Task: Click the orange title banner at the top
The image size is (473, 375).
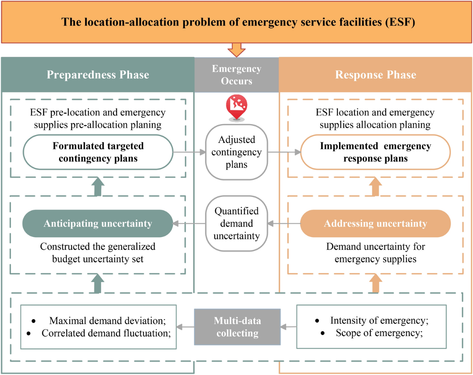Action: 236,21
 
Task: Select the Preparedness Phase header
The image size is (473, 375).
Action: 98,74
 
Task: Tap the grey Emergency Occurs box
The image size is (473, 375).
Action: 236,74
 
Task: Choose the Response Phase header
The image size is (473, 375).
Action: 376,74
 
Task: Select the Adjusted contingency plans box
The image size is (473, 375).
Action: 236,152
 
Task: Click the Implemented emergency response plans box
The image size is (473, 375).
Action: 375,152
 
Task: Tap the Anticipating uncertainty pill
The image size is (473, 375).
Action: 98,224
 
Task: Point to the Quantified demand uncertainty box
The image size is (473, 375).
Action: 236,223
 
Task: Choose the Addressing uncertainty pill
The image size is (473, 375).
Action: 375,224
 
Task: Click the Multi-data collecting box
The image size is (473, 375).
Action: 236,327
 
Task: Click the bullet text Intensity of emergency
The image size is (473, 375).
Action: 379,320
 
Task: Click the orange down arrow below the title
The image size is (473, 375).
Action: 236,50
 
